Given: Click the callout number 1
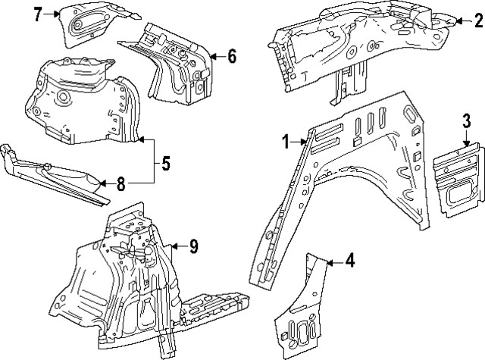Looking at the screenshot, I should point(286,141).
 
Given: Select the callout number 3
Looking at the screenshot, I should point(467,121).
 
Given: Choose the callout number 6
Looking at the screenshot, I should point(231,55).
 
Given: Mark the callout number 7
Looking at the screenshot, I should point(37,13).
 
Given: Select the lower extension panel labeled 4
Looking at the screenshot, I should point(303,318).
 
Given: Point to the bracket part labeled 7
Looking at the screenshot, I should point(91,27).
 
